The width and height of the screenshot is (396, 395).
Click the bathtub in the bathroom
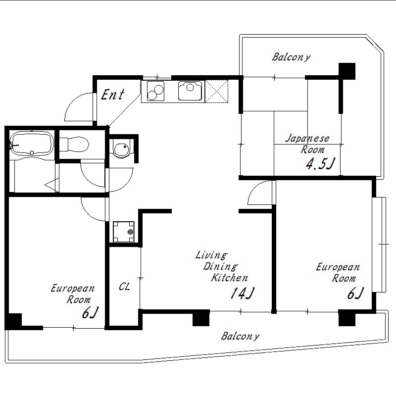pyautogui.click(x=32, y=143)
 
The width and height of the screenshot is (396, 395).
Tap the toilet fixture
pyautogui.click(x=74, y=145)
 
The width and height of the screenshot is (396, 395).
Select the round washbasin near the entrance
pyautogui.click(x=122, y=148)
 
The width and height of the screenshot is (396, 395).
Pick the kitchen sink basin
pyautogui.click(x=190, y=91)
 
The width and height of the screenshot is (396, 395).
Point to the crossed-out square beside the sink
pyautogui.click(x=216, y=91)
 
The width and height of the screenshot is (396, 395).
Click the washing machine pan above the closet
pyautogui.click(x=123, y=232)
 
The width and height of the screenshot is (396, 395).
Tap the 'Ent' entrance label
pyautogui.click(x=113, y=95)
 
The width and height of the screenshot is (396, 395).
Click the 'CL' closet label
pyautogui.click(x=124, y=287)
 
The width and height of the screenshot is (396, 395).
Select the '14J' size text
pyautogui.click(x=242, y=293)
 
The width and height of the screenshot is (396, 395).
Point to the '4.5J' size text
pyautogui.click(x=320, y=164)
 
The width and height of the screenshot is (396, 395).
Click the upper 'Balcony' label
pyautogui.click(x=291, y=57)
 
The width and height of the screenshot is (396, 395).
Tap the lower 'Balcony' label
pyautogui.click(x=240, y=336)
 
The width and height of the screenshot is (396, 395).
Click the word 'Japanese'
pyautogui.click(x=307, y=139)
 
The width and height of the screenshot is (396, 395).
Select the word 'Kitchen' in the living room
pyautogui.click(x=229, y=278)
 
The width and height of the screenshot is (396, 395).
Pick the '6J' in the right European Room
pyautogui.click(x=355, y=293)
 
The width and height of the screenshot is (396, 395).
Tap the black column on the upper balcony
pyautogui.click(x=347, y=71)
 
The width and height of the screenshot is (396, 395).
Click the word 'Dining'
pyautogui.click(x=220, y=266)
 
